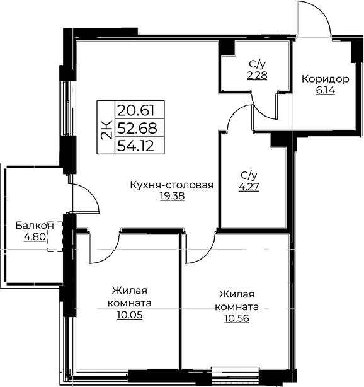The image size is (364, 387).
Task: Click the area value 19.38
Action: pos(172,196)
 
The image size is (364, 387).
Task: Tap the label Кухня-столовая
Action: pos(172,185)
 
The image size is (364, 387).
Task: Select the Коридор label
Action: pos(326,79)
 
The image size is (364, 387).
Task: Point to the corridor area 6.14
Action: pos(326,91)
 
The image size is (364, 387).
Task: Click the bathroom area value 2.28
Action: pos(257,75)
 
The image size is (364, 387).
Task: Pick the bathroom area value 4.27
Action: pos(249,187)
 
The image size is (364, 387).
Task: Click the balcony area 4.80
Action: pos(35,237)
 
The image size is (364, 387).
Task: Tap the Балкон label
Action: pos(35,226)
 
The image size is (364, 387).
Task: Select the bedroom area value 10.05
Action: pos(130,315)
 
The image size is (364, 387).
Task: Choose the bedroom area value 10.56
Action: pos(237,318)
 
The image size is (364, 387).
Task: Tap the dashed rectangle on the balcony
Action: pos(55,237)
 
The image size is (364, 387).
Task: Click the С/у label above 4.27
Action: pos(249,176)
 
